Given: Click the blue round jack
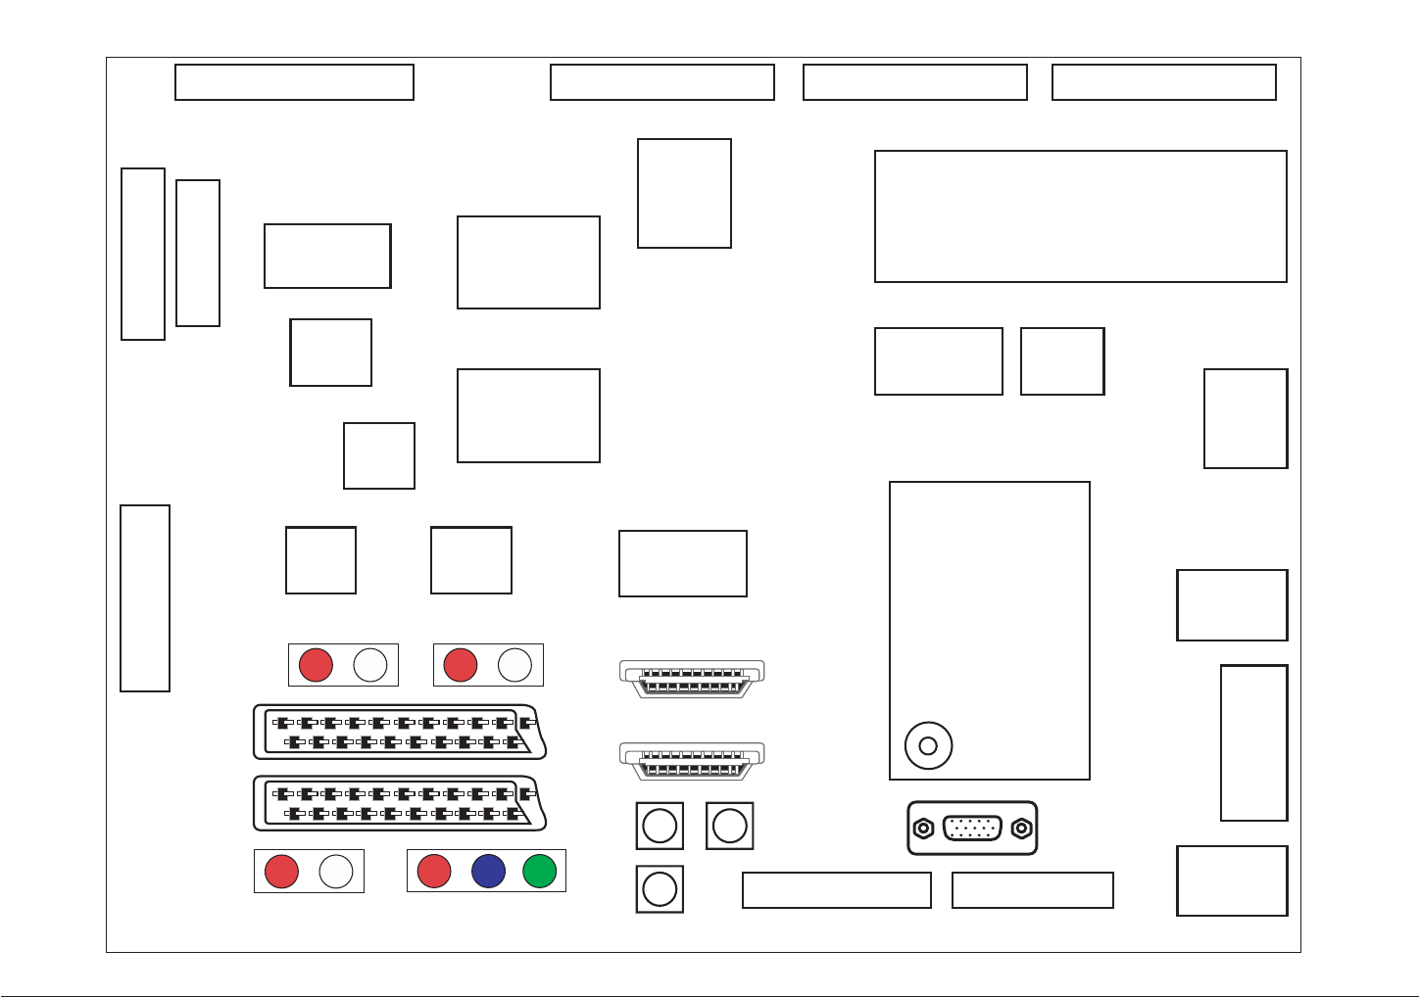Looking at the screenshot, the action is pos(488,871).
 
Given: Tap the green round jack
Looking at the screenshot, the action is pos(540,871).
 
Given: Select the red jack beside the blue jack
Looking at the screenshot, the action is pos(434,871).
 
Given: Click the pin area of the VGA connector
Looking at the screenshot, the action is pos(972,829).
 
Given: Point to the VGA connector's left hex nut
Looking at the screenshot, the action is pos(923,829).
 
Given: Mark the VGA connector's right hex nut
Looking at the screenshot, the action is pos(1021,829).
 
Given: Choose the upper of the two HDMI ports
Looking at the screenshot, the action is pos(692,678).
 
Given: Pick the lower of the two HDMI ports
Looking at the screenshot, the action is pos(692,760).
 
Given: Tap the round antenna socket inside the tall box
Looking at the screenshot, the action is pos(928,746).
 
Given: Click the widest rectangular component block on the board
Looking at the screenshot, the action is pos(1080,216).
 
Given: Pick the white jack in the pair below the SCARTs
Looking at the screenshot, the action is pos(336,872).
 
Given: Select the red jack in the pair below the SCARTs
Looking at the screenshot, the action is pos(281,872).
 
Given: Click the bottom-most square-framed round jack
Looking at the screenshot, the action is pos(660,889).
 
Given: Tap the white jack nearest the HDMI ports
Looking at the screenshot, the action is pos(514,665).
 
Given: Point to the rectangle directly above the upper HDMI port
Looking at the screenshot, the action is pos(683,563).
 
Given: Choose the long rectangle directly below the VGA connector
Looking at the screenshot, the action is pos(1033,890).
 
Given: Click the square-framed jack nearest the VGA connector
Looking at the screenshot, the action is pos(730,826).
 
